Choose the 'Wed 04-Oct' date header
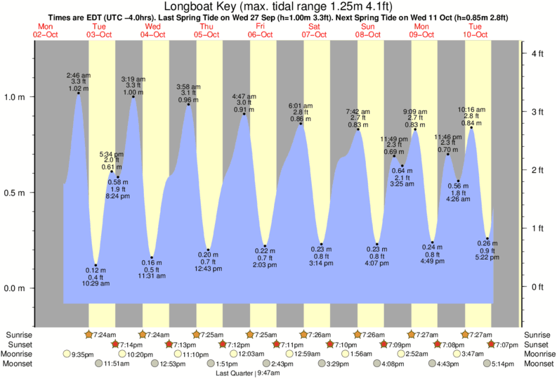[x=152, y=30]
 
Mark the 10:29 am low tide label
[x=95, y=283]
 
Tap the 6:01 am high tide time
[x=301, y=106]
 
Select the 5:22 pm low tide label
[x=488, y=257]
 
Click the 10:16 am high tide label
[x=471, y=109]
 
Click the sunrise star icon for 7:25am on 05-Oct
[x=196, y=334]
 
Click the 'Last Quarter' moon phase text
[x=236, y=373]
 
